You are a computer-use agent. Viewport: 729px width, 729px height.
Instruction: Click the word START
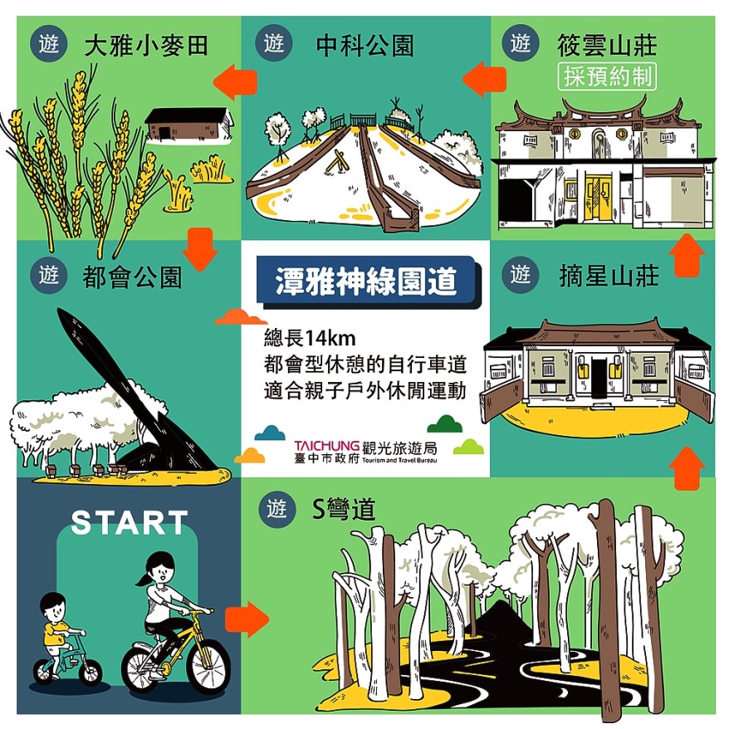(130, 522)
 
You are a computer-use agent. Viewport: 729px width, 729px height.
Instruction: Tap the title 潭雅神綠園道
(366, 281)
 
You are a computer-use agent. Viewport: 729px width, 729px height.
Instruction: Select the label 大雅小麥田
(146, 46)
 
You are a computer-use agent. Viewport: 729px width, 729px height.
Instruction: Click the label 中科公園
(365, 46)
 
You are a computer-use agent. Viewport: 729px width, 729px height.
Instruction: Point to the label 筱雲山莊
(607, 45)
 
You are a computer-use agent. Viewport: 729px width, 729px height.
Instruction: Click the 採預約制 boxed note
(607, 76)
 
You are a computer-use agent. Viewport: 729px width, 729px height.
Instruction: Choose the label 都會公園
(132, 277)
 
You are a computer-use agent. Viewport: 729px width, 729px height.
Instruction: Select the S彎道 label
(343, 509)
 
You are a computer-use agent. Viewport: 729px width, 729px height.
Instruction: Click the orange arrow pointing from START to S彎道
(247, 619)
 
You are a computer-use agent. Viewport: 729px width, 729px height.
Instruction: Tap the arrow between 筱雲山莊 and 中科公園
(484, 79)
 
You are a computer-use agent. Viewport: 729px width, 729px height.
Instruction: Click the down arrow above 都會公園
(200, 250)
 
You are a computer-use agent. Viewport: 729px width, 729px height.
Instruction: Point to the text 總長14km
(310, 338)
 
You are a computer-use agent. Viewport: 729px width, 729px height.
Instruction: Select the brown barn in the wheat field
(189, 125)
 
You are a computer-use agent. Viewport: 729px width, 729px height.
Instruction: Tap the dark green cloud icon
(444, 423)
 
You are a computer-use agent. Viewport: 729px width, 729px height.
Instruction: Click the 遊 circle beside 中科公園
(274, 44)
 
